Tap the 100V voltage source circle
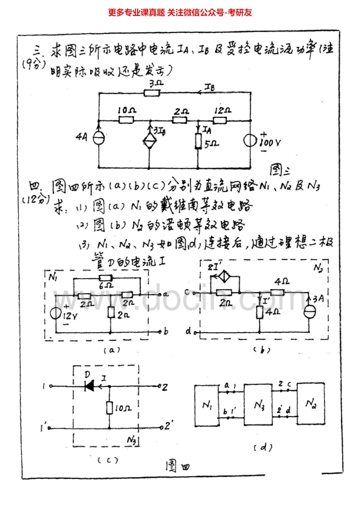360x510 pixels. coord(251,140)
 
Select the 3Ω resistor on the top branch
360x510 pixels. coord(152,93)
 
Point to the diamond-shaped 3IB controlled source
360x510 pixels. coord(150,141)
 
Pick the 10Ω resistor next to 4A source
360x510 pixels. coord(126,120)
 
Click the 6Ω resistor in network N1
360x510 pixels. coord(106,278)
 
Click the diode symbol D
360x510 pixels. coord(90,386)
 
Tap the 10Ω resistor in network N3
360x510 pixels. coord(109,408)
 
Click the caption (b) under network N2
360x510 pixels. coord(263,350)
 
